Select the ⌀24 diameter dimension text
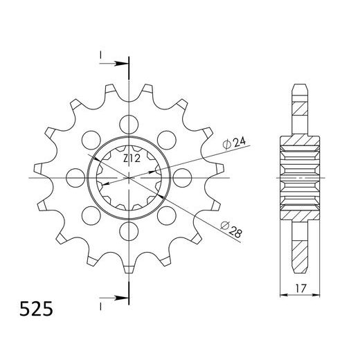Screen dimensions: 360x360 pyautogui.click(x=235, y=143)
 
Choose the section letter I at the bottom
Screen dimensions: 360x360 pyautogui.click(x=101, y=303)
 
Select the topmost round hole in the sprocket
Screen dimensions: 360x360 pyautogui.click(x=129, y=125)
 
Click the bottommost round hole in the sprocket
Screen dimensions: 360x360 pyautogui.click(x=129, y=231)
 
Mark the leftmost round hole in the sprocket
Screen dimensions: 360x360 pyautogui.click(x=76, y=178)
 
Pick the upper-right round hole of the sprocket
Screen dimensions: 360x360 pyautogui.click(x=166, y=141)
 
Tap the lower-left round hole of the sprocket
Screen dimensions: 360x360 pyautogui.click(x=91, y=215)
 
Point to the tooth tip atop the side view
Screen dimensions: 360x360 pyautogui.click(x=300, y=86)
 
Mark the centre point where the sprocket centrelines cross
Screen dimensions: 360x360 pyautogui.click(x=129, y=178)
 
